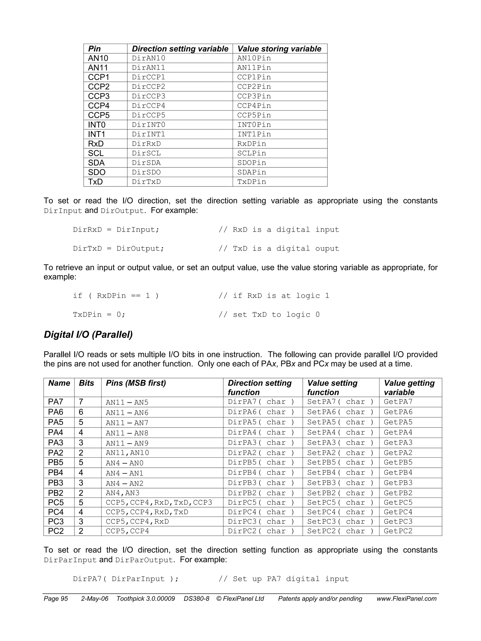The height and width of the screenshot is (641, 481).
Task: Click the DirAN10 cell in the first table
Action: pos(148,58)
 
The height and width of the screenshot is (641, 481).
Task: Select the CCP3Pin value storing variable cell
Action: pos(254,96)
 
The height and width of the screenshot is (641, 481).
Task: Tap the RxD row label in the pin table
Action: pos(96,144)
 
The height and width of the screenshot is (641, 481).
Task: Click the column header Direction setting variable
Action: pos(180,49)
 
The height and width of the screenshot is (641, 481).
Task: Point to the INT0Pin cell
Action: pos(254,125)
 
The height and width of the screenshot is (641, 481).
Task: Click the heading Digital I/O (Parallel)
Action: pos(88,334)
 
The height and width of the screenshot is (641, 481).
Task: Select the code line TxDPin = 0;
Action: pos(99,315)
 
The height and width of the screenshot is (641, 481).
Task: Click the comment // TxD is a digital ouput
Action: pos(279,249)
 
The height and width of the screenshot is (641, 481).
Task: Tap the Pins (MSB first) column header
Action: pos(136,383)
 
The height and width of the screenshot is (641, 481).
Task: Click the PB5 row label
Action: pos(56,462)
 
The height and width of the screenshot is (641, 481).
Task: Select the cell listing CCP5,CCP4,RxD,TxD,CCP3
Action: pos(159,502)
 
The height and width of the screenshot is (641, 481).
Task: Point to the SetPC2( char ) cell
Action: pos(340,531)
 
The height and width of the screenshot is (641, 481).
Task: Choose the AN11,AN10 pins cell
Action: pos(127,453)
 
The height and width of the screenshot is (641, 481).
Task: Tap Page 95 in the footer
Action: pos(56,599)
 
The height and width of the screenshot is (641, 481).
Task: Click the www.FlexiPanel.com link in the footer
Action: pos(406,599)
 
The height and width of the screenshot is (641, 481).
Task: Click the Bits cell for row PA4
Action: pos(81,432)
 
